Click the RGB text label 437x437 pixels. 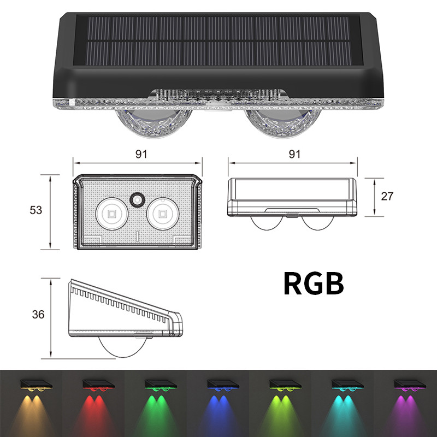tap(314, 284)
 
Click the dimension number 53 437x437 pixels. tap(36, 210)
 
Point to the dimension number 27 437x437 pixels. tap(387, 197)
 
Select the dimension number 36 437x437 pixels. tap(38, 315)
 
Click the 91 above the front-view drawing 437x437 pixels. tap(294, 155)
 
